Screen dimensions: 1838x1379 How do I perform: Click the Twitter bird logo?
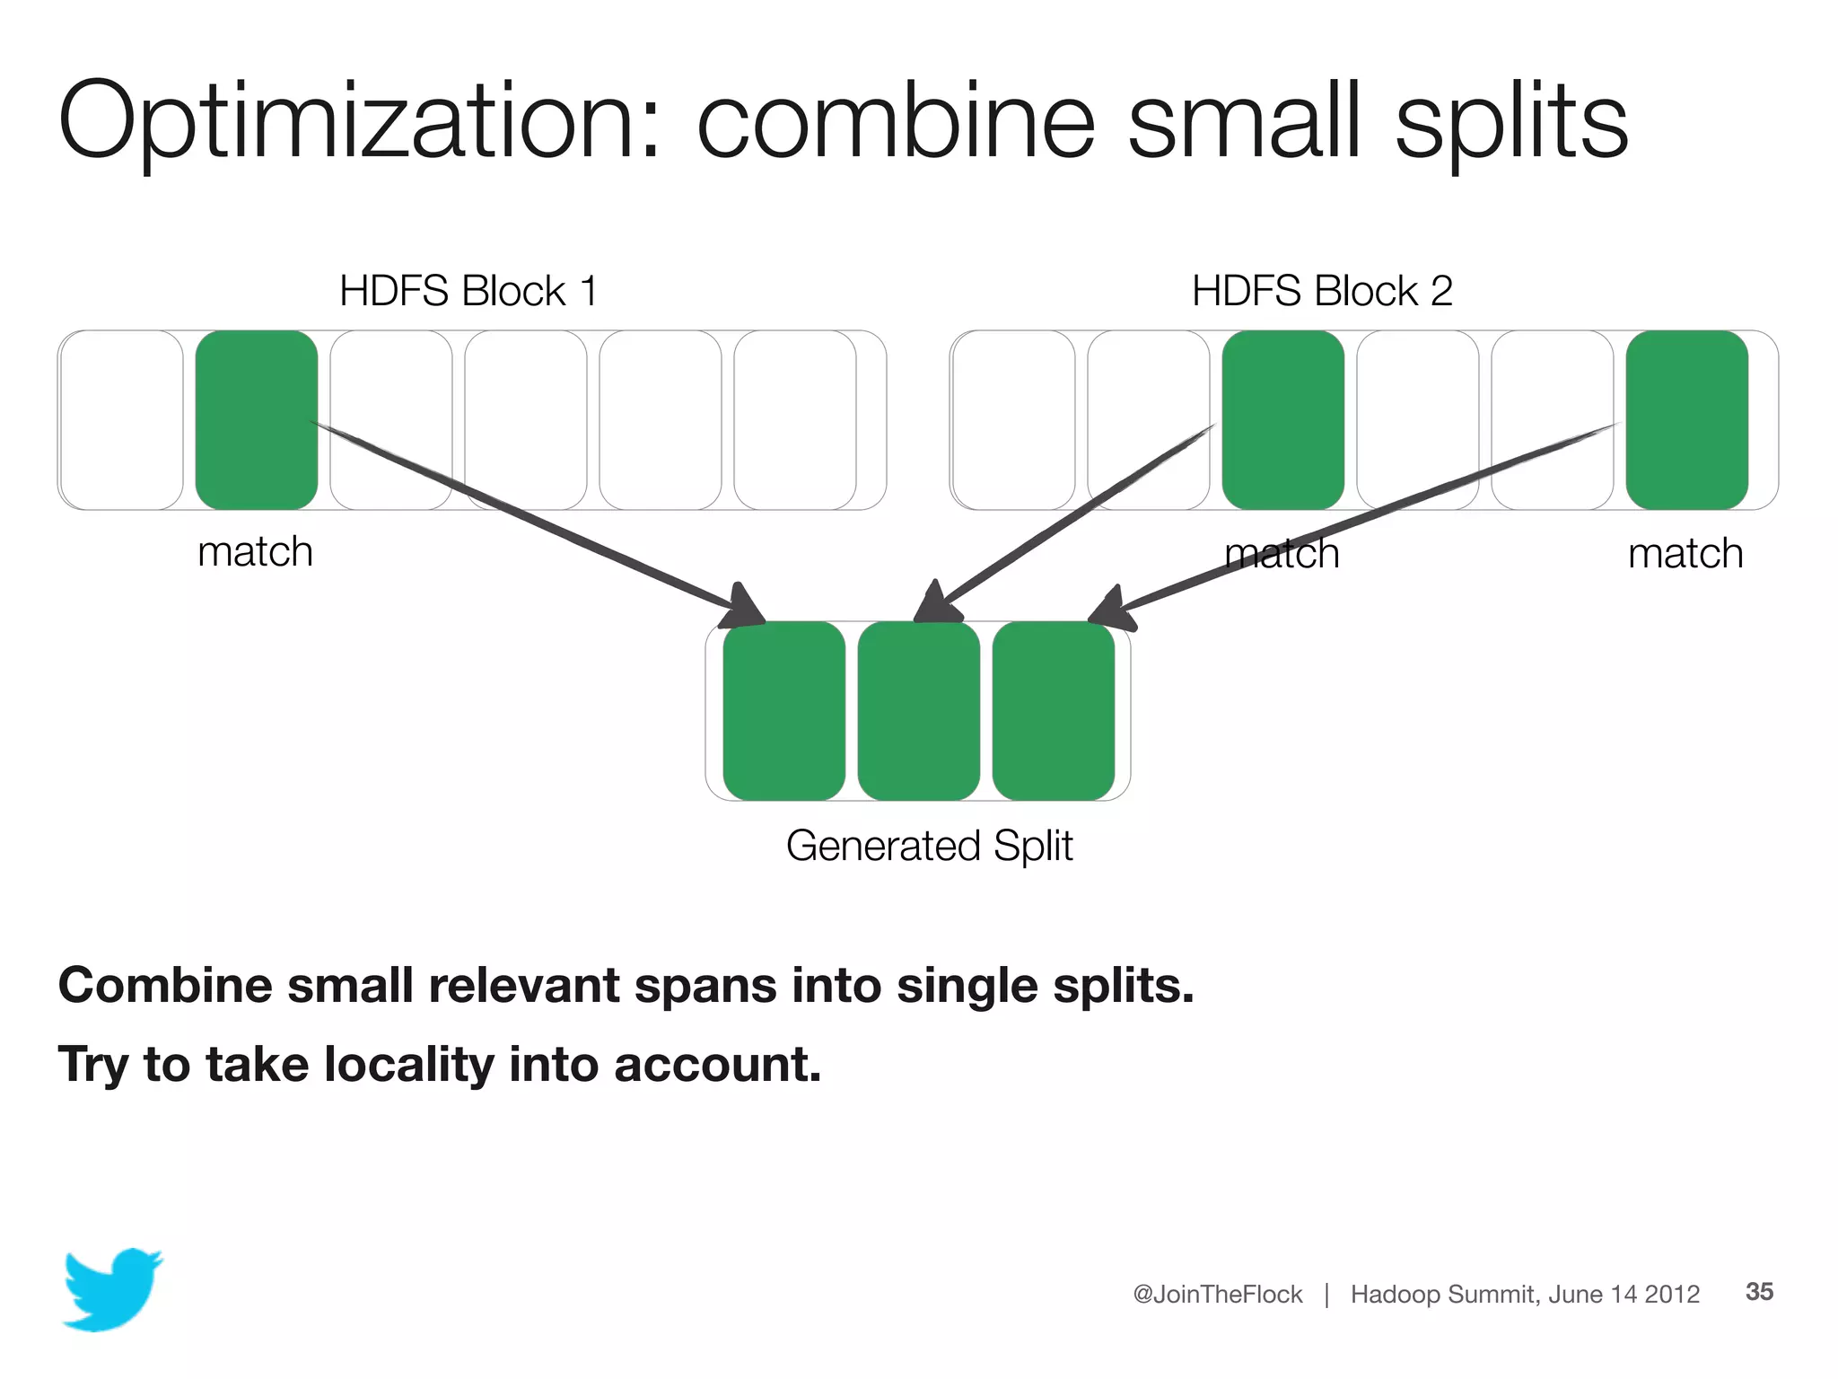112,1288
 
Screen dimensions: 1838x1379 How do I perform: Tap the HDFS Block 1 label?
468,291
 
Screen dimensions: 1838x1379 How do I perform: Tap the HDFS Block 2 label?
1321,291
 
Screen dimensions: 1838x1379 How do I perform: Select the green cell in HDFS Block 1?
256,419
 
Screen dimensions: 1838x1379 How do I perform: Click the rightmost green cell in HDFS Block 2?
1686,419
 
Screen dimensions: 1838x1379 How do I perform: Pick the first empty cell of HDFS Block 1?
122,419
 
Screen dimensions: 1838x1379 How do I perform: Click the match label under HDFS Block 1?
255,551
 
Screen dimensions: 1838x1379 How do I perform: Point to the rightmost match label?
1685,553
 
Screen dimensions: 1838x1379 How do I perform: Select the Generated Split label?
929,846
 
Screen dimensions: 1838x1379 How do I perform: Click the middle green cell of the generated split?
918,711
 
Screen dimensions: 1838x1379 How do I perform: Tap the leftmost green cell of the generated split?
783,711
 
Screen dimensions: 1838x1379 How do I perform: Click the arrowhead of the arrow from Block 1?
743,607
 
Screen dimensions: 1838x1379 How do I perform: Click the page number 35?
1759,1291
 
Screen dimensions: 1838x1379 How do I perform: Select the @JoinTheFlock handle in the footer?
1217,1294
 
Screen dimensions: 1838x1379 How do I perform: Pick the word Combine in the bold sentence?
165,985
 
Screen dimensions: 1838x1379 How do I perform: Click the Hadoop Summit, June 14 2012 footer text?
1525,1294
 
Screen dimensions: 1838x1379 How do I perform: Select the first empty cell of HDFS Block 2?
1013,419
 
